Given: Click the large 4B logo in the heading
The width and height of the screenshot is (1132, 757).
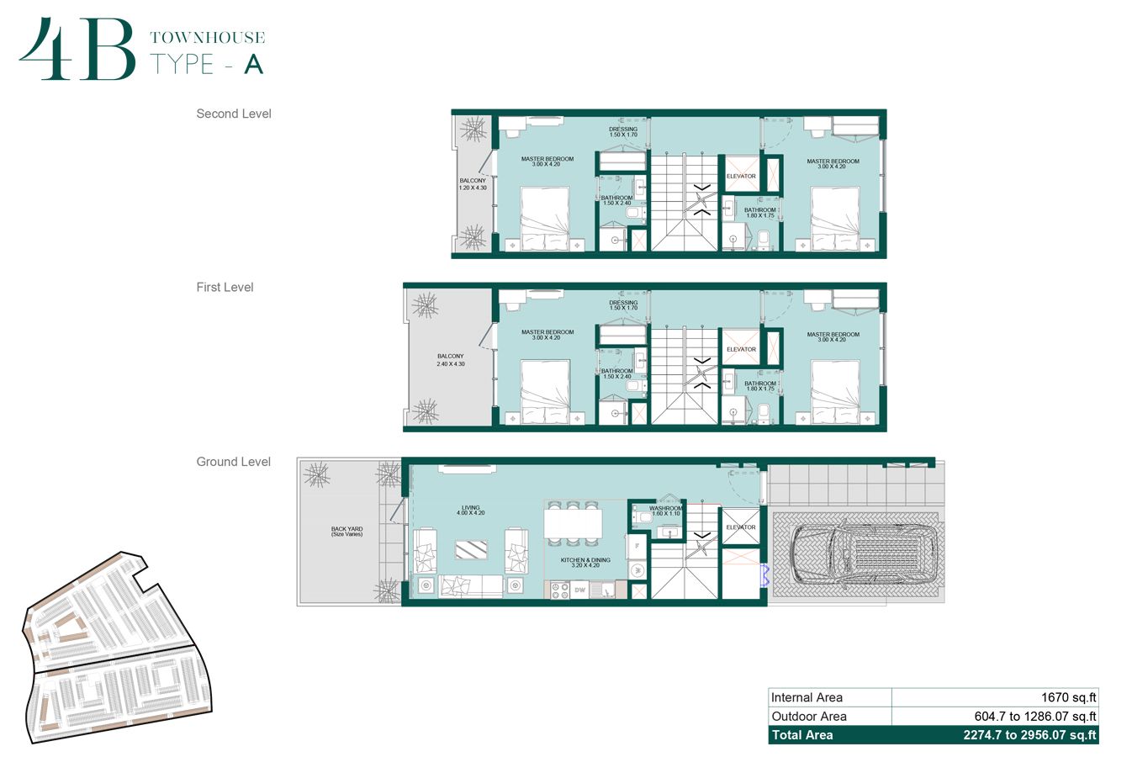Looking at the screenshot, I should pos(77,50).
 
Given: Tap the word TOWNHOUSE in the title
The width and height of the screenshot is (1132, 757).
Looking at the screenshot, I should pos(207,38).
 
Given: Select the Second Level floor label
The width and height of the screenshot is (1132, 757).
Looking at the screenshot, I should pos(234,114).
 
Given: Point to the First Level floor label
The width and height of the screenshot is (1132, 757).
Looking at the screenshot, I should pos(225,287).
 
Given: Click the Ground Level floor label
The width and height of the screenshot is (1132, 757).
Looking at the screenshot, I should pos(233,462).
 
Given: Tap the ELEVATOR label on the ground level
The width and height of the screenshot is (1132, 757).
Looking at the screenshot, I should pos(741,527).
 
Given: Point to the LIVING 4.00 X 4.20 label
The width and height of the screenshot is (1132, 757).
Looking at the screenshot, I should pos(470,510).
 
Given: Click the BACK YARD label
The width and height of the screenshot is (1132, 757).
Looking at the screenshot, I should pos(346,532).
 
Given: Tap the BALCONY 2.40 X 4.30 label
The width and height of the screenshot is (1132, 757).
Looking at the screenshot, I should pos(450,360).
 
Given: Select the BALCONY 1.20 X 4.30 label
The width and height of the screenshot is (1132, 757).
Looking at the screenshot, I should pos(473,184).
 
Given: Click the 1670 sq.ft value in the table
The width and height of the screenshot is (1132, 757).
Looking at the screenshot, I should pos(1068,697).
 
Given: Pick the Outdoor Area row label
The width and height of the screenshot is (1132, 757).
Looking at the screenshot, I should pos(809,717).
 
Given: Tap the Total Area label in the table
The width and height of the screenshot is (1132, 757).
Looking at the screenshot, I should pos(802,735).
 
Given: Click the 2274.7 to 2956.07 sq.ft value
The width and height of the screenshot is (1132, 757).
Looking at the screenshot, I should pos(1029,735).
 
